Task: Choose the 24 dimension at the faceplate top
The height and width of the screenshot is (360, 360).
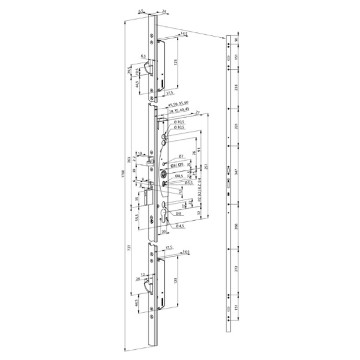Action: point(164,11)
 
